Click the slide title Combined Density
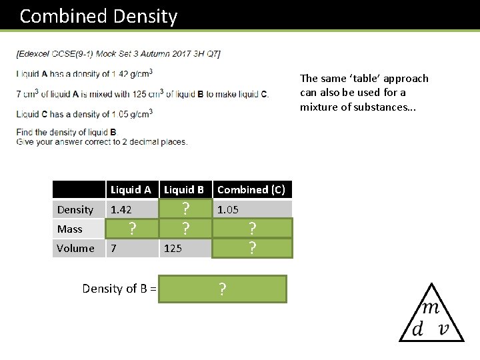point(99,16)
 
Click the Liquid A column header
point(131,190)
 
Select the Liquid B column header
point(184,190)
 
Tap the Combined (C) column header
point(251,190)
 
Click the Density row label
point(75,209)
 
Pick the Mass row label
point(70,229)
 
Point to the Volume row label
point(75,248)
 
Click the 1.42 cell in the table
point(121,209)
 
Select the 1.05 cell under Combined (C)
point(228,209)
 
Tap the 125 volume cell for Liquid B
point(173,248)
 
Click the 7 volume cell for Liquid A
point(114,248)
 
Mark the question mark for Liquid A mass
point(133,229)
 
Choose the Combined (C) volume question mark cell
point(253,248)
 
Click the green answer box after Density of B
point(222,289)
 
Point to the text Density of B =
point(119,289)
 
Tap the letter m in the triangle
point(431,308)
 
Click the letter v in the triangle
point(442,329)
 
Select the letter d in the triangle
point(418,329)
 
